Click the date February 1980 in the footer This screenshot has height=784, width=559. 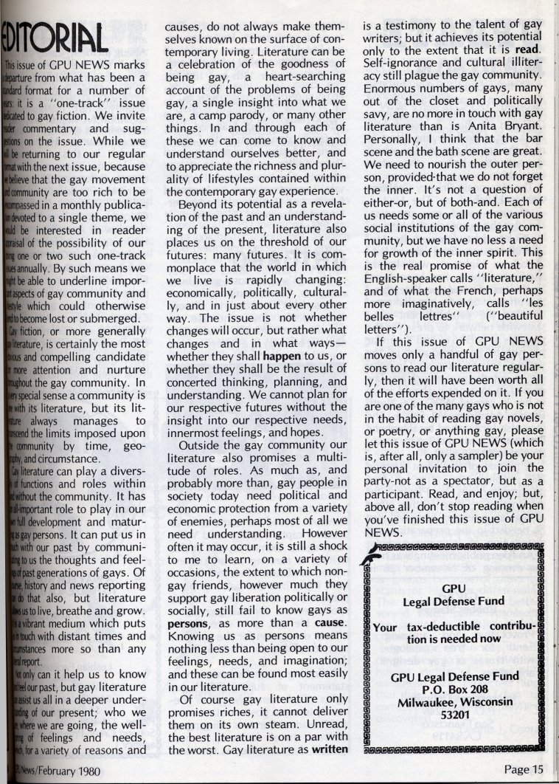63,770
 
